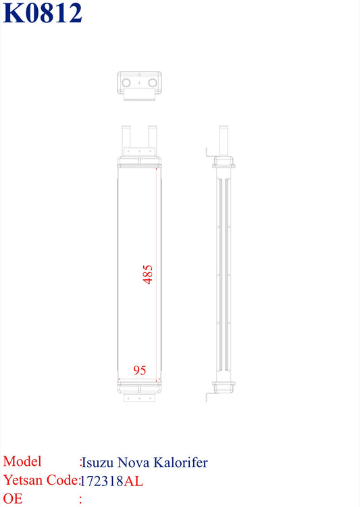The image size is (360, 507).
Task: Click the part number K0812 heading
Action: click(43, 13)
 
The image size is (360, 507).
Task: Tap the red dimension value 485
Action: click(148, 274)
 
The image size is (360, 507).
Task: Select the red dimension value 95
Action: click(140, 370)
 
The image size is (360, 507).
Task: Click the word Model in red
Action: click(22, 461)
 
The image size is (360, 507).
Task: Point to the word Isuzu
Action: click(97, 462)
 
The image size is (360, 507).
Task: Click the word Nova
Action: click(134, 462)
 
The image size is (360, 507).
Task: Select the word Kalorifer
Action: click(180, 462)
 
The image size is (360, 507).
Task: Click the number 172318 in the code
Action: click(101, 481)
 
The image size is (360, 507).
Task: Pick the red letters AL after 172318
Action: click(133, 481)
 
